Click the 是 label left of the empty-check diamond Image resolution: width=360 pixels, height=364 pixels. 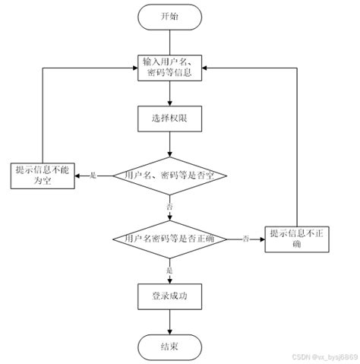pos(93,176)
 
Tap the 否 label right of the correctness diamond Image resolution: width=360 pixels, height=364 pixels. pos(245,239)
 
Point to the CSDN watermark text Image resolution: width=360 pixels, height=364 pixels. pos(322,356)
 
